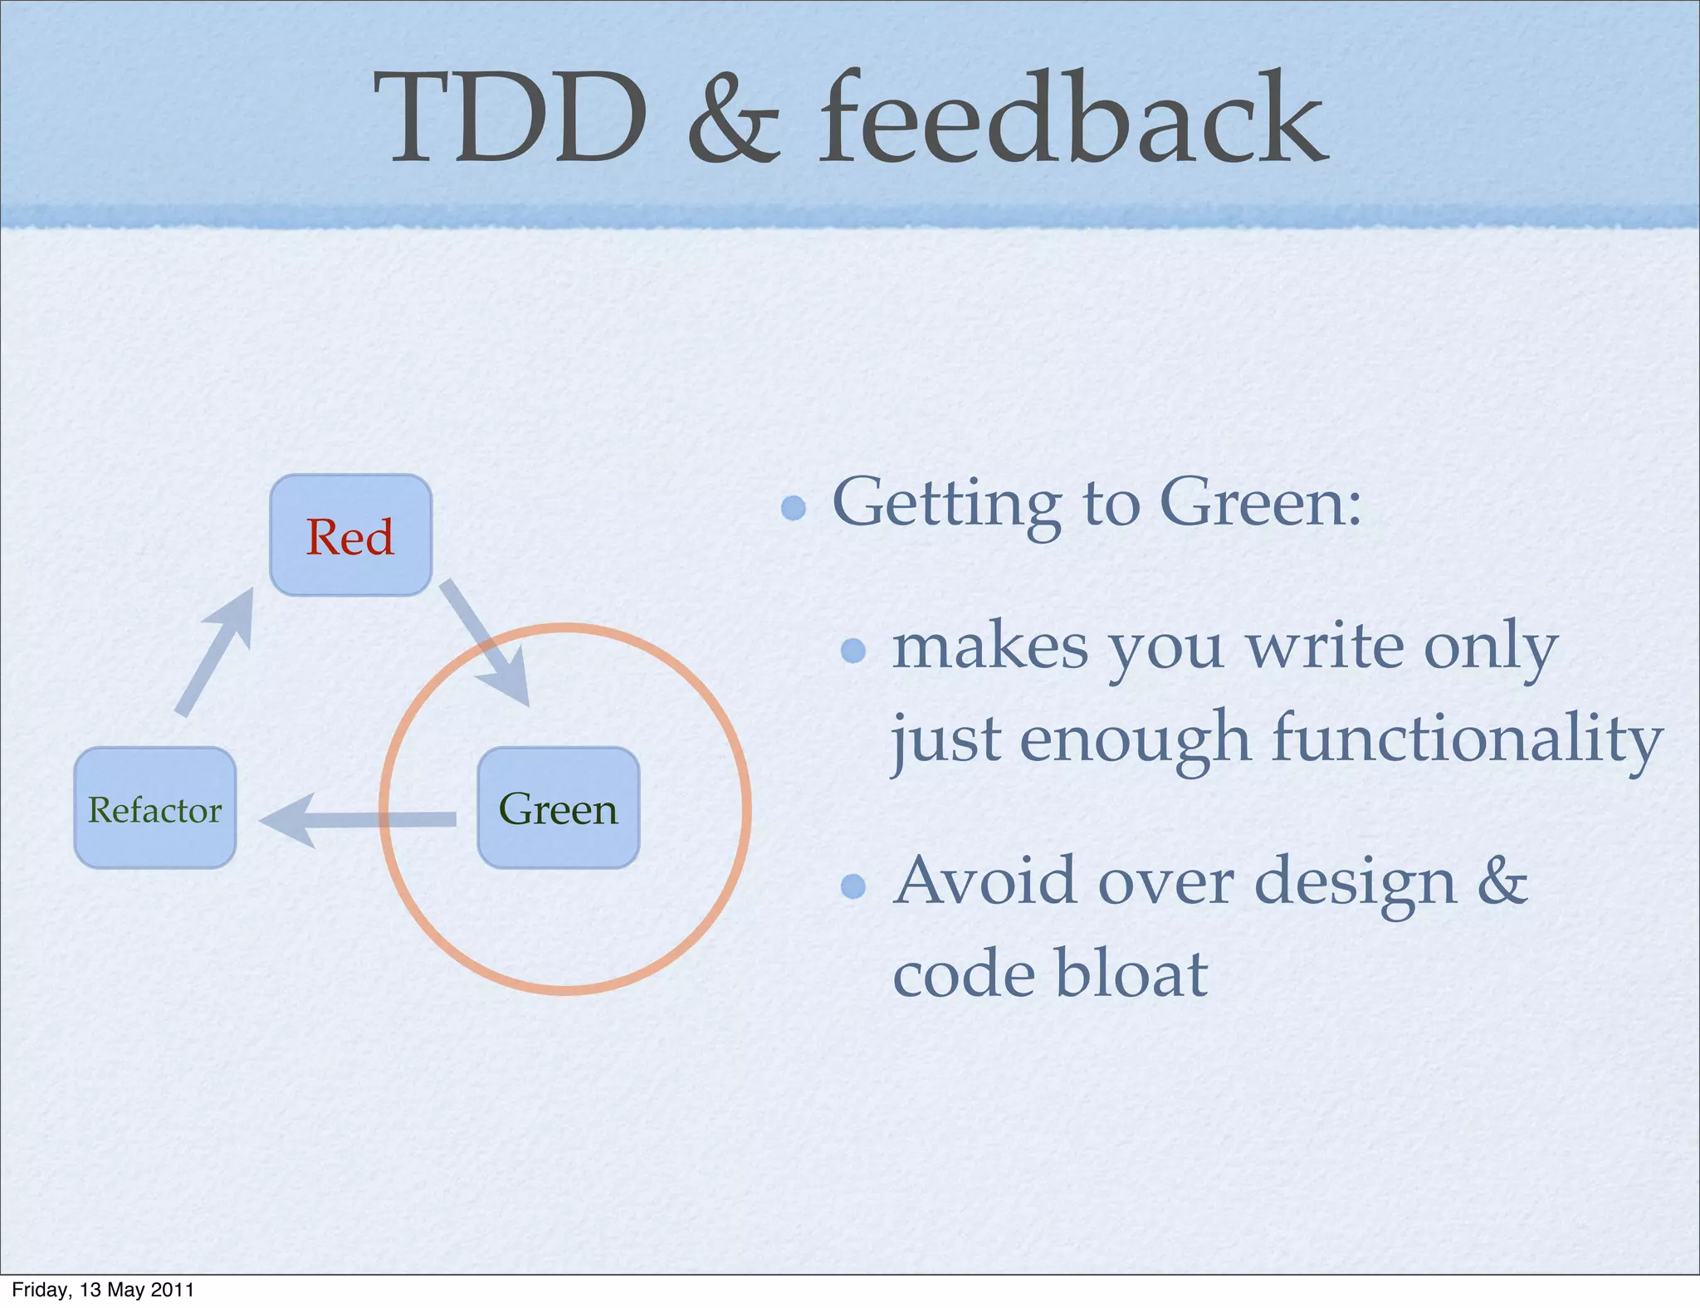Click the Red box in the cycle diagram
350,535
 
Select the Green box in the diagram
558,808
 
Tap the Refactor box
155,808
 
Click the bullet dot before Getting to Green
794,507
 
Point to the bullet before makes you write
853,650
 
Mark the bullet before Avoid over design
853,886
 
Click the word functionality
1467,739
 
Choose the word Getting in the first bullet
946,504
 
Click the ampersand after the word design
1502,881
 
